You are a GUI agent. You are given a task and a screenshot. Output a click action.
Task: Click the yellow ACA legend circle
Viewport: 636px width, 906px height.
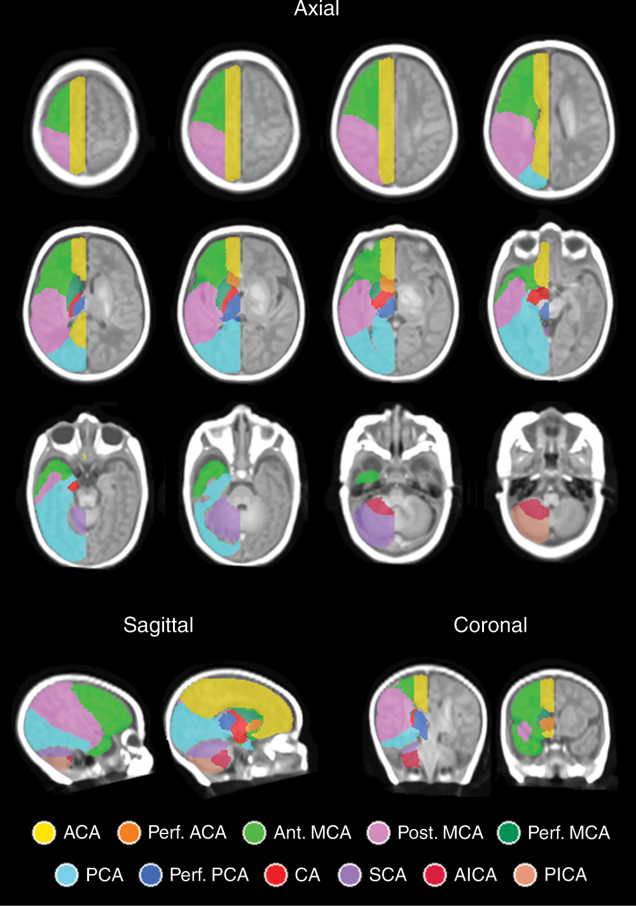point(44,833)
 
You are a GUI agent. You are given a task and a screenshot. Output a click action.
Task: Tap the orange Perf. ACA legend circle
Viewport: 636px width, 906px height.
point(128,833)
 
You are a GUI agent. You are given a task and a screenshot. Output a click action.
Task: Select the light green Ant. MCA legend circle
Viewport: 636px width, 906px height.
point(254,833)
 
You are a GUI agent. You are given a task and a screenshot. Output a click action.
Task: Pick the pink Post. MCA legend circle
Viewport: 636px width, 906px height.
point(378,833)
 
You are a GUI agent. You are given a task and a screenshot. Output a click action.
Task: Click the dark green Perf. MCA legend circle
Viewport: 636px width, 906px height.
point(509,833)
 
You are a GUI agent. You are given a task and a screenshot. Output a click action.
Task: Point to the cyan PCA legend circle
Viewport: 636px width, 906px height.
point(67,875)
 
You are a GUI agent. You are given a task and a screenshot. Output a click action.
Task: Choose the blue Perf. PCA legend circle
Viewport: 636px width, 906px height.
point(150,875)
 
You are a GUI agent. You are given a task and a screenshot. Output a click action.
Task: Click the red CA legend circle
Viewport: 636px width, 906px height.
point(276,875)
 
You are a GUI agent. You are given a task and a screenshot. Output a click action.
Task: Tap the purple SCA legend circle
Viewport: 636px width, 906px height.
point(350,875)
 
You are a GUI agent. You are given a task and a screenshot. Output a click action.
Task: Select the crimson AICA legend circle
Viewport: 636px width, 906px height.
point(435,875)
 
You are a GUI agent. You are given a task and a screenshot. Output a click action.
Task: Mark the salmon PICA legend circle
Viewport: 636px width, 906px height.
point(525,875)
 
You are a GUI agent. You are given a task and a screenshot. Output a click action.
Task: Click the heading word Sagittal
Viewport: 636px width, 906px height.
point(158,625)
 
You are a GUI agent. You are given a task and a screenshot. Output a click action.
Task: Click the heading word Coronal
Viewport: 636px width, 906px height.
point(490,625)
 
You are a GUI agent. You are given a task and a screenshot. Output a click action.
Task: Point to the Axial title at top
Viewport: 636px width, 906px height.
point(317,8)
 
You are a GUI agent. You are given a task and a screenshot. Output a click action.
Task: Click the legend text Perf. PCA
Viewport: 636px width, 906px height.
point(209,875)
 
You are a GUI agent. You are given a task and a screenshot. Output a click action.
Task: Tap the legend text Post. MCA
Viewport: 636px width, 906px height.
point(440,833)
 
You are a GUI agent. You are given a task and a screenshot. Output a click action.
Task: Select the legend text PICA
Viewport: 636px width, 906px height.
point(565,875)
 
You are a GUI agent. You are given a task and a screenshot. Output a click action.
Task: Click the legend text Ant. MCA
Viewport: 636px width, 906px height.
point(312,833)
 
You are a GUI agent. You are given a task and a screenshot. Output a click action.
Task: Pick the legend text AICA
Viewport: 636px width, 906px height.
point(476,875)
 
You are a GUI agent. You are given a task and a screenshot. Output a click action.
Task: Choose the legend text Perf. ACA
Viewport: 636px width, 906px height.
point(187,833)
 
